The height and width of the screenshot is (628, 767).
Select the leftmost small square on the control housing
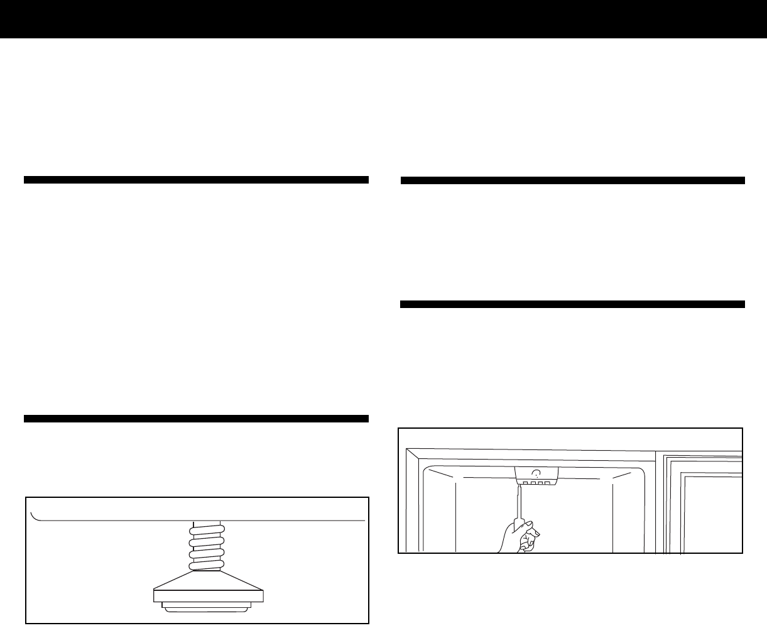pyautogui.click(x=525, y=483)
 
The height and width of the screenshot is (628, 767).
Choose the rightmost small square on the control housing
pyautogui.click(x=547, y=483)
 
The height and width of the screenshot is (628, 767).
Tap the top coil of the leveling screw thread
pyautogui.click(x=207, y=531)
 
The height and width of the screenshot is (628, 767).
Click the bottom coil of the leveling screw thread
pyautogui.click(x=207, y=564)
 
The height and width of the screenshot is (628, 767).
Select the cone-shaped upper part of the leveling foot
pyautogui.click(x=207, y=580)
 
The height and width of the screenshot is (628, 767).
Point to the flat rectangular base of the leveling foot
pyautogui.click(x=207, y=595)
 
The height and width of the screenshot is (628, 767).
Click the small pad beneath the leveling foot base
pyautogui.click(x=207, y=607)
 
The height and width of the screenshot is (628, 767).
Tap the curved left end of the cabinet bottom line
pyautogui.click(x=34, y=516)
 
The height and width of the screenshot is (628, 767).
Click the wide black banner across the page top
pyautogui.click(x=383, y=19)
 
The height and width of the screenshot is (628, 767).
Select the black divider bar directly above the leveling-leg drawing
pyautogui.click(x=196, y=418)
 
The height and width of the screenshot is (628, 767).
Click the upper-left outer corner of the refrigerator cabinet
pyautogui.click(x=407, y=449)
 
